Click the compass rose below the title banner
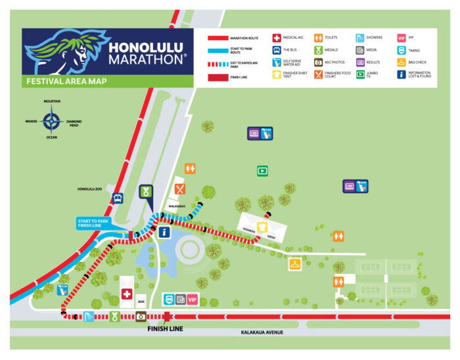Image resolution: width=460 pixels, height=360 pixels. coord(51,122)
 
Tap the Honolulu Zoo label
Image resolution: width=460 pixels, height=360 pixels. coord(91,190)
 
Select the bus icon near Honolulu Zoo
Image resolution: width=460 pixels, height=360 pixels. coord(118,198)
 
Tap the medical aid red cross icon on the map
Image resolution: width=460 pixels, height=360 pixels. coord(127,295)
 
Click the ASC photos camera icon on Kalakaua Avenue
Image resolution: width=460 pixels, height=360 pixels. coord(141,317)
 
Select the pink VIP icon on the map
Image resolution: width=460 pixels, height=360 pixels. coord(193,300)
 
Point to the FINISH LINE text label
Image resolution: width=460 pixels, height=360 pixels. coord(164,328)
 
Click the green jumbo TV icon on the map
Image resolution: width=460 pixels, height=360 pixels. coord(262,171)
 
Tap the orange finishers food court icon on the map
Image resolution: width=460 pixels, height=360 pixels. coord(180,189)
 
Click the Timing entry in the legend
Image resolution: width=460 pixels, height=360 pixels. coord(413,50)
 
